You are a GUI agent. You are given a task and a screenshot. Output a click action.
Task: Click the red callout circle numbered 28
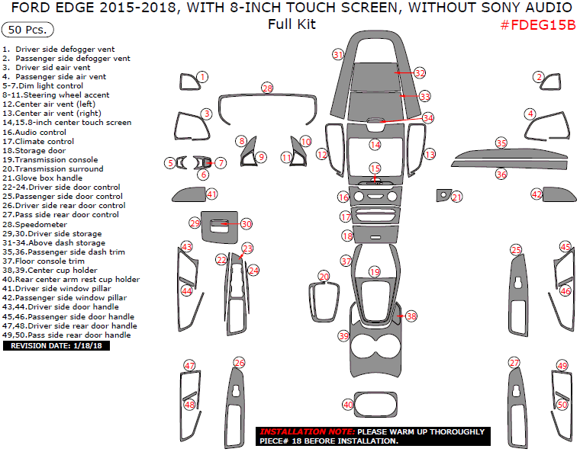point(266,88)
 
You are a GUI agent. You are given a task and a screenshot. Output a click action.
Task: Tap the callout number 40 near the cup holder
point(348,405)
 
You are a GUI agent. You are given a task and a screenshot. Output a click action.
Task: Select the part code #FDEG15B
point(537,24)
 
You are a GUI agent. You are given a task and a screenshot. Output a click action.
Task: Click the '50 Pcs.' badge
point(28,30)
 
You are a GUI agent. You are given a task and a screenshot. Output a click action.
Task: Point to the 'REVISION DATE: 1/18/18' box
point(56,345)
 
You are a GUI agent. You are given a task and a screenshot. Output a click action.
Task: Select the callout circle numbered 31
point(338,54)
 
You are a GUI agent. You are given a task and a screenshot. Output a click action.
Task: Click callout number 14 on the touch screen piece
point(375,144)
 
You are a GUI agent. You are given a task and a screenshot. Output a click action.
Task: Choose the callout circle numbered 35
point(501,143)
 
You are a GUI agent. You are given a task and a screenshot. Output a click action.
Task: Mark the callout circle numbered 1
point(202,76)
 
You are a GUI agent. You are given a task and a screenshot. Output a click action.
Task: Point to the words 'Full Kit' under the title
point(291,24)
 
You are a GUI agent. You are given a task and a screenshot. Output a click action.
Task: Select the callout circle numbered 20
point(324,276)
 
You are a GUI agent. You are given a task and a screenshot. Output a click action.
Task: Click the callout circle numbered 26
point(240,363)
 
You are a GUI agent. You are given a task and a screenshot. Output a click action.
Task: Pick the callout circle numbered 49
point(562,366)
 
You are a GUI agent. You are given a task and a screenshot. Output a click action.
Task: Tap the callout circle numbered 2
point(539,76)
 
